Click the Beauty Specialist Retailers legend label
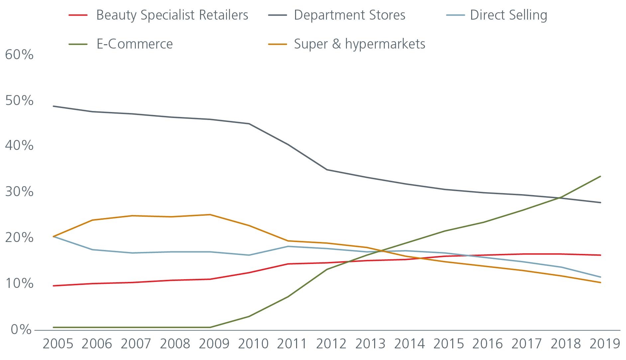click(x=172, y=15)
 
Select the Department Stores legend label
click(x=349, y=15)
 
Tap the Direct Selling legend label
click(x=508, y=15)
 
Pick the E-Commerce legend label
click(x=135, y=44)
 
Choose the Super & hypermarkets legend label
click(x=359, y=44)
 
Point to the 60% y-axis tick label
click(x=19, y=55)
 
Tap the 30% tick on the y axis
click(x=19, y=192)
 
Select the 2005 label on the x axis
click(x=58, y=344)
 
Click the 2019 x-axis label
click(x=605, y=344)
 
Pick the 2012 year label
click(x=331, y=344)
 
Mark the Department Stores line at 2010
click(x=249, y=124)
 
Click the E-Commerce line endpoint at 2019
click(x=600, y=176)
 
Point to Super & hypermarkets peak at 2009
click(x=210, y=214)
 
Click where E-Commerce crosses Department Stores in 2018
click(x=561, y=198)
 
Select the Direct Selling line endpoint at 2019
click(x=600, y=277)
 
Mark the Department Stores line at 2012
click(x=327, y=170)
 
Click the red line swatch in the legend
click(x=78, y=15)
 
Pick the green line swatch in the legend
click(x=78, y=44)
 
